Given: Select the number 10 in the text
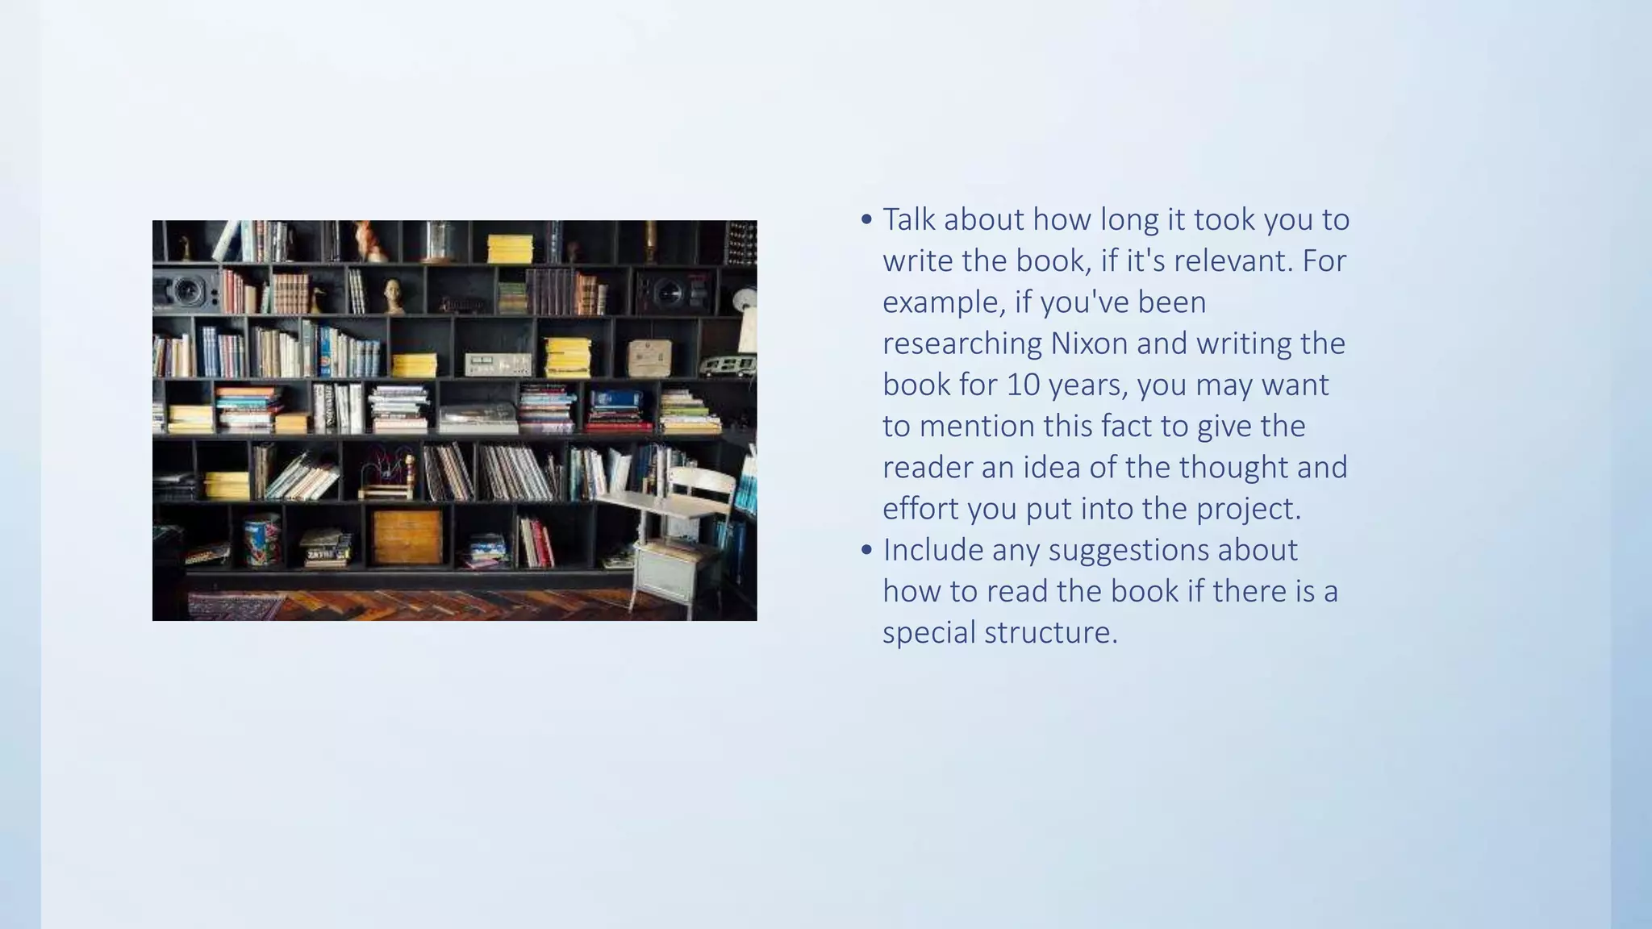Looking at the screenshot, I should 1023,385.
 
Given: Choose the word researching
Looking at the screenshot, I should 962,344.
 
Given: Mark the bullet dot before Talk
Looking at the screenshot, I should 866,219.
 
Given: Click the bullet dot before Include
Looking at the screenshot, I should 866,550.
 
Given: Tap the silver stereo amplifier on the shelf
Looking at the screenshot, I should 498,364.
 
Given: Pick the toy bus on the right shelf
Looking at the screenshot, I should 726,365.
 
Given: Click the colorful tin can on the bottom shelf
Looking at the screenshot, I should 262,540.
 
